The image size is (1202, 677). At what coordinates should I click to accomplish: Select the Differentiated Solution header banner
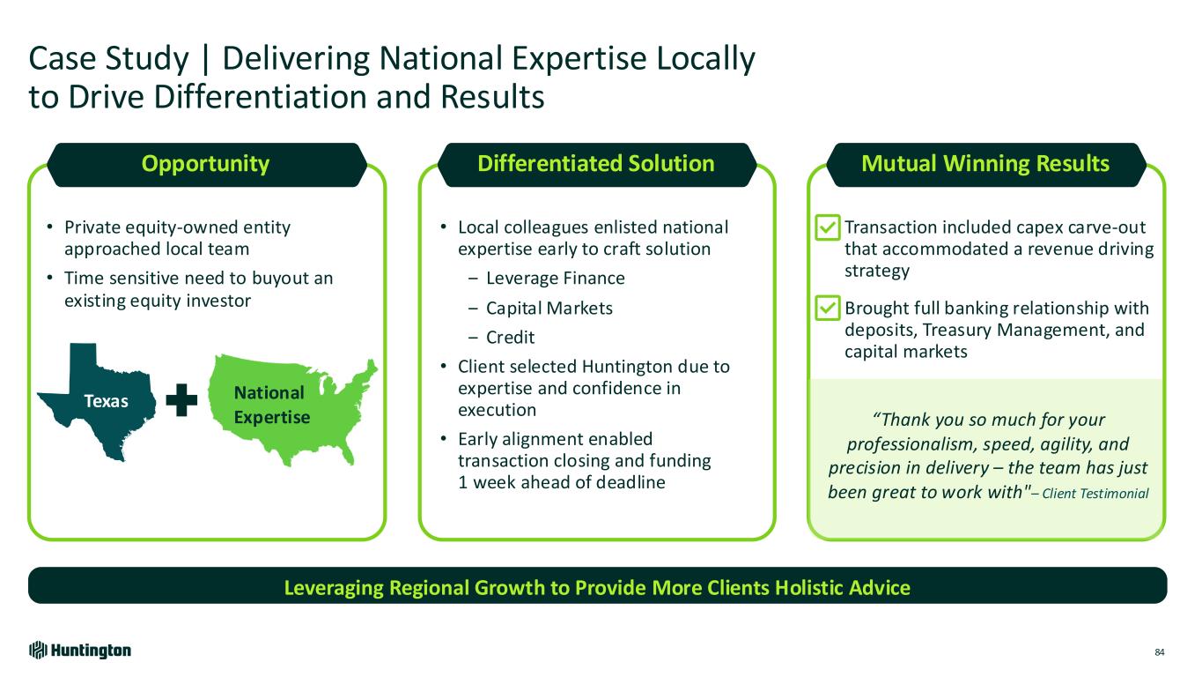[597, 165]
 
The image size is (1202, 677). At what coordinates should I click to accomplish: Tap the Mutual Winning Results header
[985, 165]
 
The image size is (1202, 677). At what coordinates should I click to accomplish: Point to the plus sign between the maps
[181, 399]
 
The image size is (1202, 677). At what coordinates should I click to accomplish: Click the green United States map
[292, 409]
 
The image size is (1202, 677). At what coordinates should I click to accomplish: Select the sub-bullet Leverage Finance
[556, 279]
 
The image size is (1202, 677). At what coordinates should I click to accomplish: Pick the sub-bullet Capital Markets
[549, 308]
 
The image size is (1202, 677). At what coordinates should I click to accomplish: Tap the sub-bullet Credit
[511, 338]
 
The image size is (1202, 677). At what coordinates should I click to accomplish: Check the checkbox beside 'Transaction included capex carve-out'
[828, 227]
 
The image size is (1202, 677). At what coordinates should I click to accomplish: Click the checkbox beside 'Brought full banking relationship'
[828, 308]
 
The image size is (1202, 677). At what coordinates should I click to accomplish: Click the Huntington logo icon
[38, 651]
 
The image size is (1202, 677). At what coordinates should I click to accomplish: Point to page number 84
[1160, 652]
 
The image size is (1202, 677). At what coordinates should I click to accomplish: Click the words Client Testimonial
[1095, 494]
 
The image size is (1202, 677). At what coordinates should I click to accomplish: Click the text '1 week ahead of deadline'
[561, 482]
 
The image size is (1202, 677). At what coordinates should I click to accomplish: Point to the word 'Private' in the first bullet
[92, 227]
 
